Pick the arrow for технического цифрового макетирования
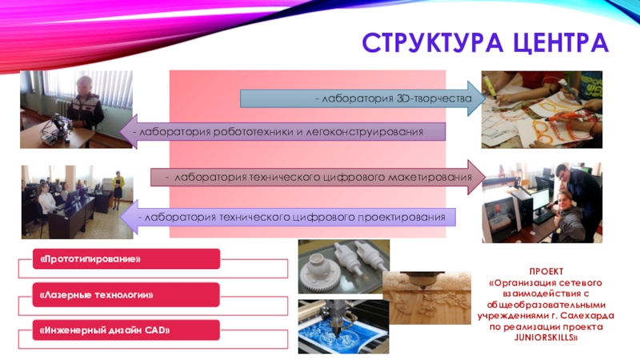[x=312, y=175]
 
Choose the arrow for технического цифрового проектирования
[x=288, y=217]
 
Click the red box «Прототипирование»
[x=126, y=258]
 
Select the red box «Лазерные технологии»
[x=126, y=296]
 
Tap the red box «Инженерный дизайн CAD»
[x=126, y=330]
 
